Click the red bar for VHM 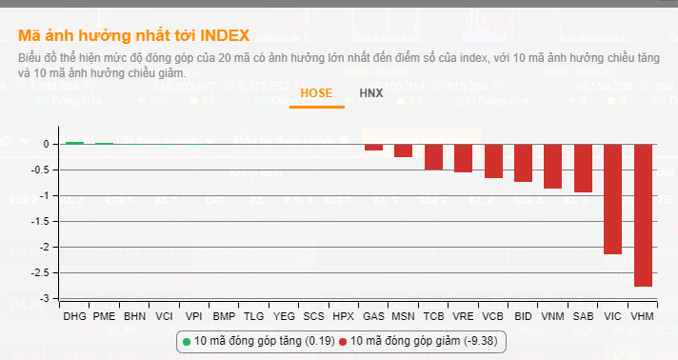pyautogui.click(x=643, y=214)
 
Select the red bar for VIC pyautogui.click(x=613, y=199)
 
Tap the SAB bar pyautogui.click(x=583, y=168)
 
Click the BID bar pyautogui.click(x=523, y=162)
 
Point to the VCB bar pyautogui.click(x=493, y=160)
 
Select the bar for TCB pyautogui.click(x=433, y=156)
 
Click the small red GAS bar pyautogui.click(x=373, y=147)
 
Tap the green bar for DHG pyautogui.click(x=73, y=142)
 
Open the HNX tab pyautogui.click(x=371, y=93)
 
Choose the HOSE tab pyautogui.click(x=317, y=93)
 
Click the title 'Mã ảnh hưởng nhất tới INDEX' pyautogui.click(x=133, y=36)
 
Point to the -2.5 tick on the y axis pyautogui.click(x=39, y=272)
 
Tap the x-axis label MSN pyautogui.click(x=403, y=314)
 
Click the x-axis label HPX pyautogui.click(x=343, y=314)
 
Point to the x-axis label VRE pyautogui.click(x=463, y=314)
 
